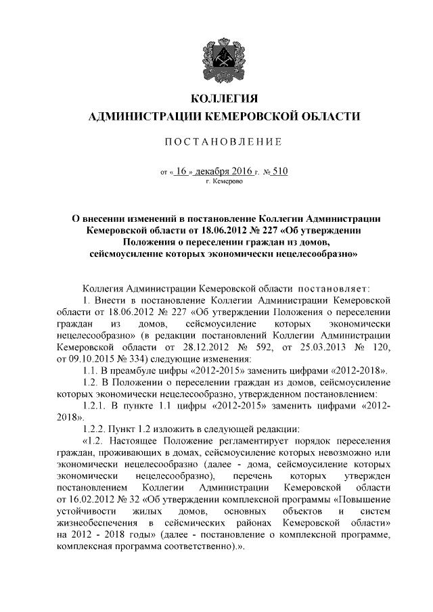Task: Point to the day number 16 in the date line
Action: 181,171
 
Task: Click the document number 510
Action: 280,171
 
